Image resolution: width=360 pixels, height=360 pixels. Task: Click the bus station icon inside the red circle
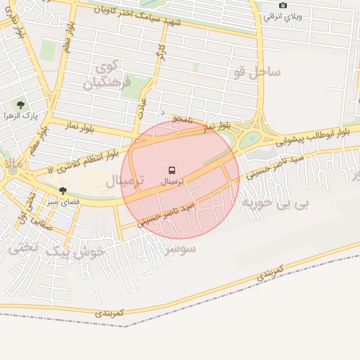[172, 169]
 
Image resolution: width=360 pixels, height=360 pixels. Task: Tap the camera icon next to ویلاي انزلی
[283, 6]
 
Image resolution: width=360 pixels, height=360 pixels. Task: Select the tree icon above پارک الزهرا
[20, 104]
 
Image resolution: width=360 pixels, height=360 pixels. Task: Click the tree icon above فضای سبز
[63, 190]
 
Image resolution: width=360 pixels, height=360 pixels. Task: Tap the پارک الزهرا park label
[20, 115]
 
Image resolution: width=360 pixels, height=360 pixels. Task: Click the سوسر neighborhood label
[181, 249]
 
